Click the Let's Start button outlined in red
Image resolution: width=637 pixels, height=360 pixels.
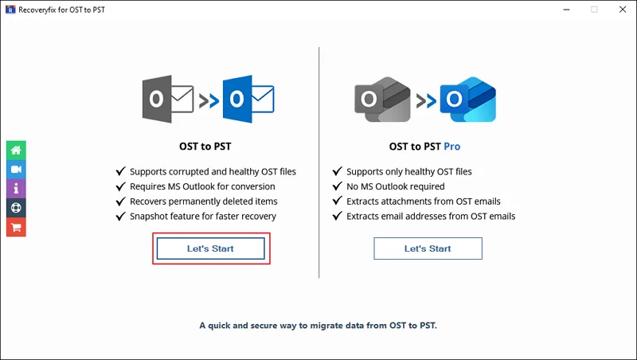pyautogui.click(x=210, y=248)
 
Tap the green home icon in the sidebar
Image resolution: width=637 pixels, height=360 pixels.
pyautogui.click(x=16, y=151)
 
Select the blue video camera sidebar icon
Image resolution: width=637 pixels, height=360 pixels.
pyautogui.click(x=16, y=170)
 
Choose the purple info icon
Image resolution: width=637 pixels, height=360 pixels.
pyautogui.click(x=16, y=189)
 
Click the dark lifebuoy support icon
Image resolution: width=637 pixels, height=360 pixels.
pyautogui.click(x=16, y=208)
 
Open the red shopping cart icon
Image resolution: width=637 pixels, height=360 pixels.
pyautogui.click(x=16, y=227)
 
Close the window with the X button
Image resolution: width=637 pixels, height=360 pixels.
pyautogui.click(x=623, y=10)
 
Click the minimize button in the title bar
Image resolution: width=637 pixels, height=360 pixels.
pyautogui.click(x=566, y=10)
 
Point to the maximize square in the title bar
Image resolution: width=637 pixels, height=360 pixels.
pyautogui.click(x=594, y=10)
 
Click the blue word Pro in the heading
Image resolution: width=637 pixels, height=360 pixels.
pyautogui.click(x=451, y=147)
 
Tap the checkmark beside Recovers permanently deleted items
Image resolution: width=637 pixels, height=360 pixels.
pyautogui.click(x=121, y=202)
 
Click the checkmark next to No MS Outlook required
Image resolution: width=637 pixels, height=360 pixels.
pyautogui.click(x=337, y=186)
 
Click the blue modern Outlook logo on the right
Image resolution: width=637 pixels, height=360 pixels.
pyautogui.click(x=468, y=100)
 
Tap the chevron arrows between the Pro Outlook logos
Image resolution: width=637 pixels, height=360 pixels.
pyautogui.click(x=426, y=101)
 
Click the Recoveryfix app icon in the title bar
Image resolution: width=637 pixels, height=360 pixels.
pyautogui.click(x=10, y=10)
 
